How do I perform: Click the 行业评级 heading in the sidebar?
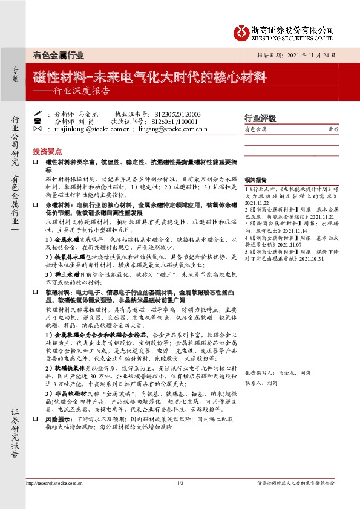[260, 117]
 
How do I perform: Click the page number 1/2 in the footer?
[180, 483]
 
